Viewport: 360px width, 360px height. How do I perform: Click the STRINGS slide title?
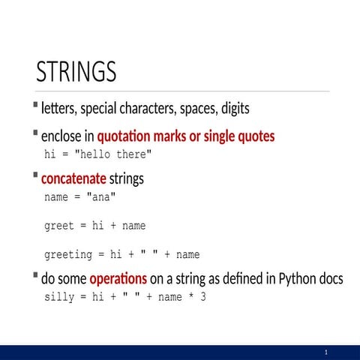point(76,72)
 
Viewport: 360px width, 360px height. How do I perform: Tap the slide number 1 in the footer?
point(326,352)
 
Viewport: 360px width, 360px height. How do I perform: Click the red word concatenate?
point(73,179)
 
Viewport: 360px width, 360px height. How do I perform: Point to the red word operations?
point(118,279)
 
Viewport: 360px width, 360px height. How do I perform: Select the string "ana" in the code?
point(101,197)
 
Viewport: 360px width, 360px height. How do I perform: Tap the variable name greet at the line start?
point(59,226)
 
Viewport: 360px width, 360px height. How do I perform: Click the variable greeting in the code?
point(68,255)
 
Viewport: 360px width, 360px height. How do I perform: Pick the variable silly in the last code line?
point(59,297)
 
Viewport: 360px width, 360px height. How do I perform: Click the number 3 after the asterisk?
point(202,297)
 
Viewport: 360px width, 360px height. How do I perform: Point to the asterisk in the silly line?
point(190,297)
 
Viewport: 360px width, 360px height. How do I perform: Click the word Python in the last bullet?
point(298,279)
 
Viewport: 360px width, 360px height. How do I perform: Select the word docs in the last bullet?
point(331,279)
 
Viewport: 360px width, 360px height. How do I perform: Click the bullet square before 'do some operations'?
point(35,275)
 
